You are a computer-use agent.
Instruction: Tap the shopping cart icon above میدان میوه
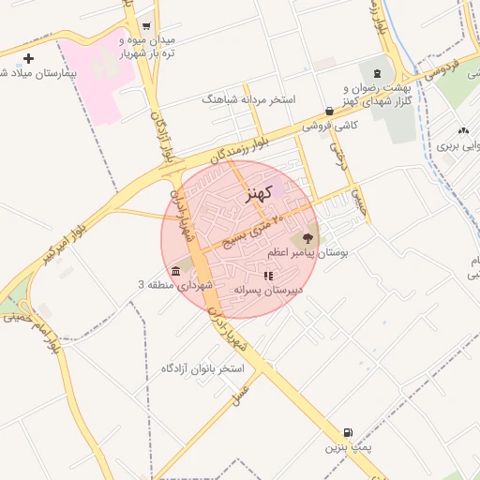click(145, 27)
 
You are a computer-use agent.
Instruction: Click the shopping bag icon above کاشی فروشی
click(329, 111)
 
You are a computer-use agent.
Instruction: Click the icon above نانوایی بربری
click(463, 131)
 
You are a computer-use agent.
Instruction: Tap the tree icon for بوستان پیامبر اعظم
click(308, 238)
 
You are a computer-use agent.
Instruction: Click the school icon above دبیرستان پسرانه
click(268, 277)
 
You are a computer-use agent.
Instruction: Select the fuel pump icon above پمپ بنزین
click(349, 433)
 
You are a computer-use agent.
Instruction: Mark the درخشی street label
click(337, 149)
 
